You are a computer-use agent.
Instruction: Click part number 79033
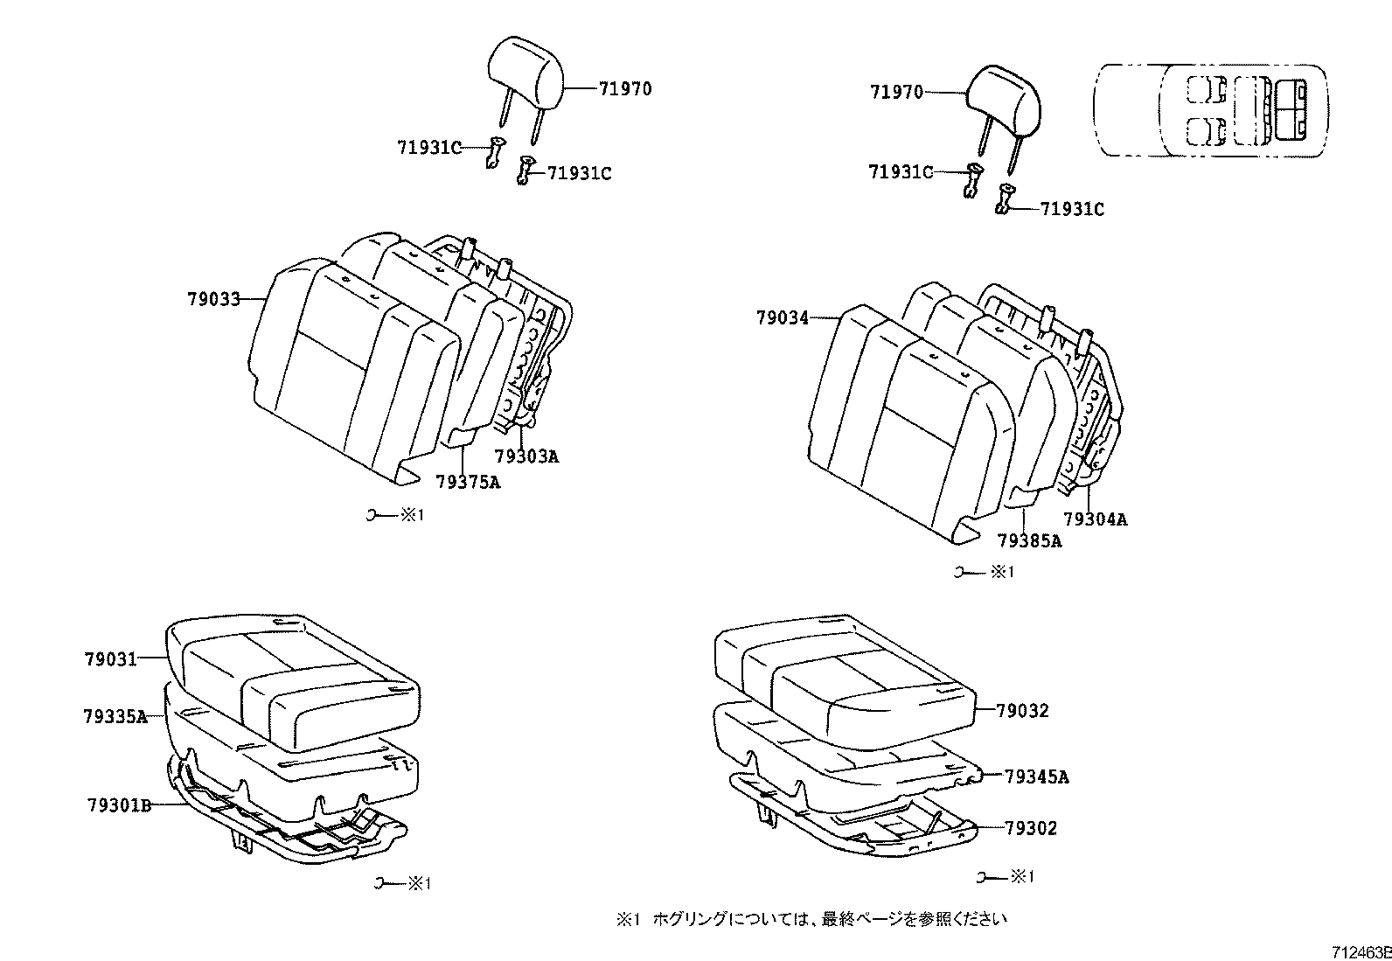212,299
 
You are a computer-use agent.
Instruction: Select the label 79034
783,319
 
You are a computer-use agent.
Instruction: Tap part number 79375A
468,482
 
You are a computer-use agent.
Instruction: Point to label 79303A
525,456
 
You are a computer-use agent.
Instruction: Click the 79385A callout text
1029,541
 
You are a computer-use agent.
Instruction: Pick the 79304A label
1095,519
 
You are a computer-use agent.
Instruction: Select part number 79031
111,658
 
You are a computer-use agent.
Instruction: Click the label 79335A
115,716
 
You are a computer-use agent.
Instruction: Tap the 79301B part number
119,804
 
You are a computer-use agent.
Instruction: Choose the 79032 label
1022,711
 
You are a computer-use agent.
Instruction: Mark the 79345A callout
1036,776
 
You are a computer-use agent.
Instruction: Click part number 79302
1030,828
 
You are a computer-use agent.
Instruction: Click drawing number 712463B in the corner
1361,952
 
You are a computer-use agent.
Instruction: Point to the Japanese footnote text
813,919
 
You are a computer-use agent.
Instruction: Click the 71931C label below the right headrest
1071,210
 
